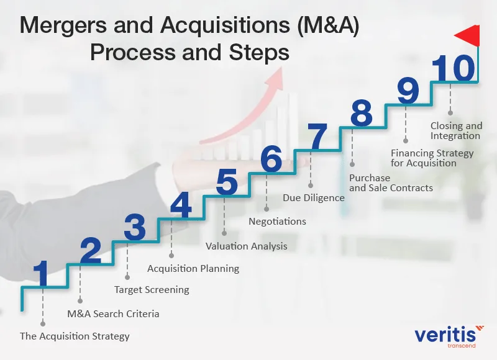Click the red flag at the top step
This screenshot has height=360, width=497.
pyautogui.click(x=467, y=36)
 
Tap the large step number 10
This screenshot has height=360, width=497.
pyautogui.click(x=454, y=69)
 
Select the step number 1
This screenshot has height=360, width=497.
pyautogui.click(x=42, y=274)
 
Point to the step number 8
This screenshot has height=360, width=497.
pyautogui.click(x=361, y=114)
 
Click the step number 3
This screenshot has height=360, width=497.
pyautogui.click(x=134, y=228)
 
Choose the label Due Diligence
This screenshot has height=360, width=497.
pyautogui.click(x=314, y=198)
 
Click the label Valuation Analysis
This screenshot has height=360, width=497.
pyautogui.click(x=247, y=246)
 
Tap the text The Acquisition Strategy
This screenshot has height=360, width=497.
pyautogui.click(x=75, y=336)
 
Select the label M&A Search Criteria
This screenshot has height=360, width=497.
pyautogui.click(x=113, y=313)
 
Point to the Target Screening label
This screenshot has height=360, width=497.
pyautogui.click(x=152, y=290)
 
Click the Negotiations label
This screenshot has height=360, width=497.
pyautogui.click(x=277, y=221)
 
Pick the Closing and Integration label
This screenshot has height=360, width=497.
pyautogui.click(x=456, y=131)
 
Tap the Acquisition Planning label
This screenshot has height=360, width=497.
pyautogui.click(x=193, y=269)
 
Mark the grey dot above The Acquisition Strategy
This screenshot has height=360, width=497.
pyautogui.click(x=42, y=323)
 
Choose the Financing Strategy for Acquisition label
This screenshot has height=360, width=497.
pyautogui.click(x=432, y=158)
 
